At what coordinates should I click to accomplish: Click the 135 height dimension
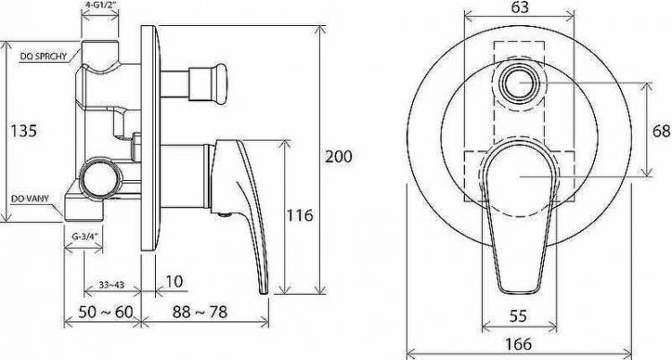click(x=24, y=131)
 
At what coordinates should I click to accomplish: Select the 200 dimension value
click(x=339, y=157)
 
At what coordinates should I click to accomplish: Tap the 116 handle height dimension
click(x=300, y=215)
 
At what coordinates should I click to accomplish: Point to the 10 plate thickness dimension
click(x=174, y=281)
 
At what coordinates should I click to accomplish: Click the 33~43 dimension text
click(x=111, y=285)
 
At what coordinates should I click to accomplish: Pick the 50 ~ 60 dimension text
click(x=106, y=312)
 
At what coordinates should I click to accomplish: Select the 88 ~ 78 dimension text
click(x=200, y=312)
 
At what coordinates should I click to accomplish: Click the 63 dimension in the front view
click(x=520, y=7)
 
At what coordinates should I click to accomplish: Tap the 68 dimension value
click(x=661, y=131)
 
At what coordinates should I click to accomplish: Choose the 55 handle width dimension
click(x=518, y=316)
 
